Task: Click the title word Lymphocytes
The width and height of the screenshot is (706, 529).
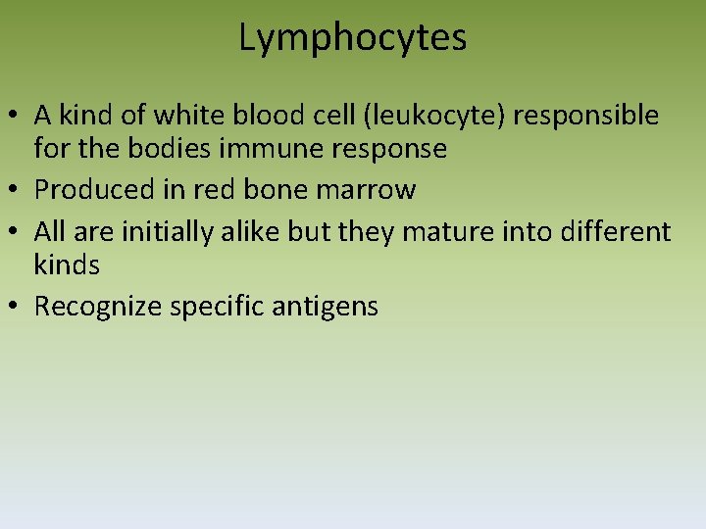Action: click(353, 38)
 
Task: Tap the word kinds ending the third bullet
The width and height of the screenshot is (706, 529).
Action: click(67, 264)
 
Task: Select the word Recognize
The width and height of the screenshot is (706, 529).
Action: click(98, 307)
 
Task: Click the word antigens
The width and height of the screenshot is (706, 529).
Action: click(328, 307)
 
